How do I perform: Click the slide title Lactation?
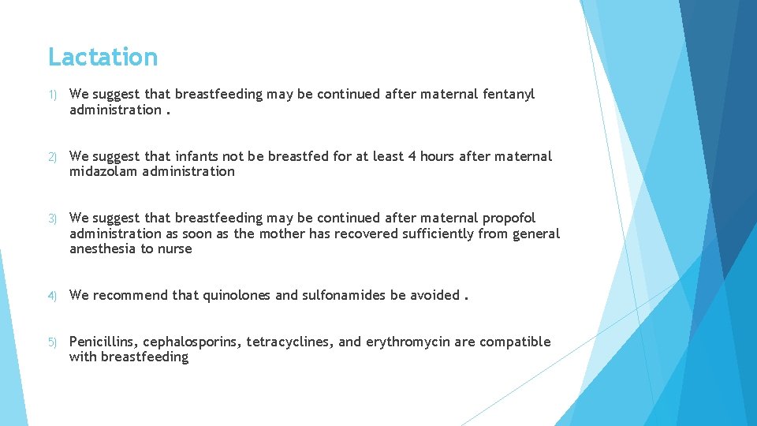pyautogui.click(x=103, y=57)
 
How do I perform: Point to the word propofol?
pyautogui.click(x=509, y=218)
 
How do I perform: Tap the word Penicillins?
pyautogui.click(x=103, y=342)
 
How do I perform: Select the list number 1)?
pyautogui.click(x=53, y=95)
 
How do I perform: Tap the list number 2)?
pyautogui.click(x=53, y=157)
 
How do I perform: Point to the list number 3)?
pyautogui.click(x=53, y=219)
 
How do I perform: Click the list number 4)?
pyautogui.click(x=53, y=296)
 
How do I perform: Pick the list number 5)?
pyautogui.click(x=53, y=342)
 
